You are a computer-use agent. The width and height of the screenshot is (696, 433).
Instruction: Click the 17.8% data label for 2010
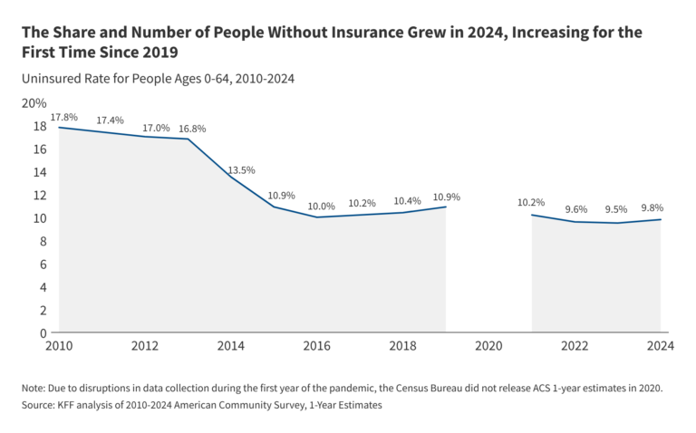click(x=63, y=117)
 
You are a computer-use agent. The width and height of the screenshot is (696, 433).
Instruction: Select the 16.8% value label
click(x=193, y=129)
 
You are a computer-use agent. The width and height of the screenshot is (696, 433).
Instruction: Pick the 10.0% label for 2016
click(x=321, y=207)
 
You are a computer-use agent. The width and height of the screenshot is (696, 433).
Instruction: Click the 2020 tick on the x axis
click(x=488, y=346)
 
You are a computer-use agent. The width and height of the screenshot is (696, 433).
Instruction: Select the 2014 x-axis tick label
click(x=231, y=346)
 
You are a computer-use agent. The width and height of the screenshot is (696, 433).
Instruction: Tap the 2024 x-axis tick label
click(x=660, y=346)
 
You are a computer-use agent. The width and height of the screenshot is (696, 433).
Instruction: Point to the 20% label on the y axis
click(x=34, y=102)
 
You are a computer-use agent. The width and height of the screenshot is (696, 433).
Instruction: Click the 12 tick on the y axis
click(x=40, y=195)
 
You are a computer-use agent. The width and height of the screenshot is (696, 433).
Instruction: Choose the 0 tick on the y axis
click(x=43, y=332)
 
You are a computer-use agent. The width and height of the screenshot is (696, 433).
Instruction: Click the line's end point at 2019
click(x=446, y=207)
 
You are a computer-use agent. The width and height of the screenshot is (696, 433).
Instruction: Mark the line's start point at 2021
click(x=532, y=215)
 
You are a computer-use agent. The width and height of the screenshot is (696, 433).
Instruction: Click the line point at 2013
click(x=188, y=139)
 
